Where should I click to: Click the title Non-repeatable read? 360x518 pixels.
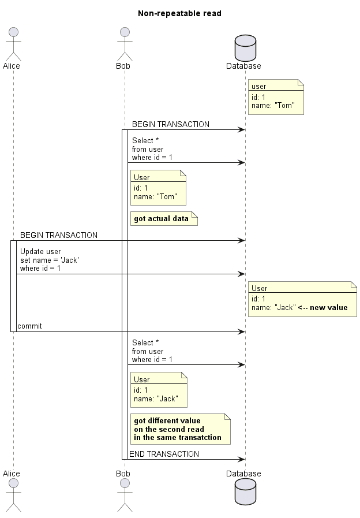pyautogui.click(x=179, y=13)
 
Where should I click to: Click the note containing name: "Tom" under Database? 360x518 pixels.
pyautogui.click(x=276, y=96)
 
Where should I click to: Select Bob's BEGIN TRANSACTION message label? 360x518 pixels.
pyautogui.click(x=170, y=124)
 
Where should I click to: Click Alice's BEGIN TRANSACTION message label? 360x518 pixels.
pyautogui.click(x=59, y=235)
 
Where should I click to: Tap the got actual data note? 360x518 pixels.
pyautogui.click(x=164, y=219)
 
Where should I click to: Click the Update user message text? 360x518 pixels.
pyautogui.click(x=49, y=260)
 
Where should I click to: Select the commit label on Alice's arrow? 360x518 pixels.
pyautogui.click(x=29, y=326)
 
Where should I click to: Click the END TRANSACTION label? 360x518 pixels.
pyautogui.click(x=164, y=454)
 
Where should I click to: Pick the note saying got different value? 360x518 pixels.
pyautogui.click(x=181, y=429)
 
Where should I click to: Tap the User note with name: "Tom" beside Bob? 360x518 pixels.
pyautogui.click(x=158, y=187)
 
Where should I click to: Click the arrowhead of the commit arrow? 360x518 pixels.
pyautogui.click(x=242, y=331)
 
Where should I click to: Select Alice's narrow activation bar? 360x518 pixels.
pyautogui.click(x=13, y=286)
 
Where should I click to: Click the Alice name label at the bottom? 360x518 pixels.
pyautogui.click(x=12, y=473)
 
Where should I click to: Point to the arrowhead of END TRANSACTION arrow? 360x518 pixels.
pyautogui.click(x=242, y=459)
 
